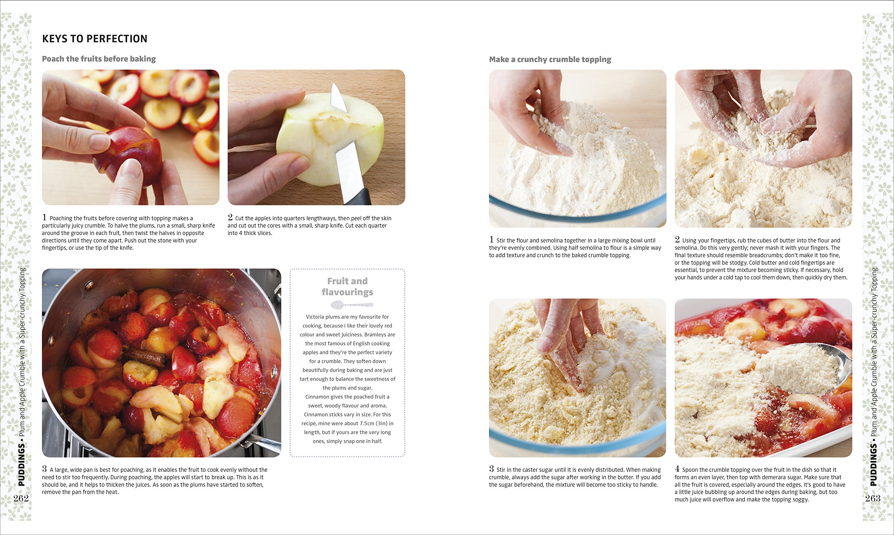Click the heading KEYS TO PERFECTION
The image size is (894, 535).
pyautogui.click(x=94, y=38)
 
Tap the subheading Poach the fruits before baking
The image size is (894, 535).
pyautogui.click(x=99, y=59)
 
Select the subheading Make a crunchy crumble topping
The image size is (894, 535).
pyautogui.click(x=550, y=59)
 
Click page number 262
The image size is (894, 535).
pyautogui.click(x=21, y=498)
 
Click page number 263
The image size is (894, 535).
pyautogui.click(x=872, y=498)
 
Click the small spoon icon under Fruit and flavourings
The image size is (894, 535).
pyautogui.click(x=351, y=305)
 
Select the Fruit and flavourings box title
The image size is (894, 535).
pyautogui.click(x=347, y=286)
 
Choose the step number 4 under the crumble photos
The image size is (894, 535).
pyautogui.click(x=677, y=469)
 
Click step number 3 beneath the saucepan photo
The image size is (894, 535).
pyautogui.click(x=44, y=469)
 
